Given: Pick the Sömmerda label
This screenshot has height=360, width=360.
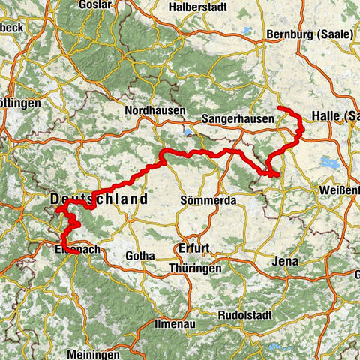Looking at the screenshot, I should (209, 201).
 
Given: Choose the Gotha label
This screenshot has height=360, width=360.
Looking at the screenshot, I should (140, 256).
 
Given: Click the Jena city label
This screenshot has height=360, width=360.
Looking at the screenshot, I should (286, 262).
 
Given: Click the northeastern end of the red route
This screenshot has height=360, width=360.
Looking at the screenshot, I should (280, 109).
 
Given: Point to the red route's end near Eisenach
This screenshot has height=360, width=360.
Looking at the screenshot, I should (76, 253).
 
